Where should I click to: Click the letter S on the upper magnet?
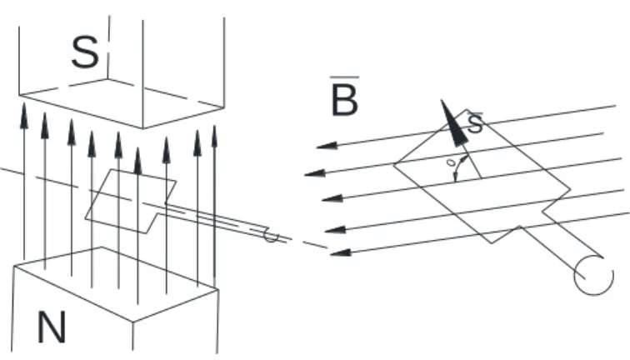pyautogui.click(x=85, y=52)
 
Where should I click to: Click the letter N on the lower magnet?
pyautogui.click(x=52, y=327)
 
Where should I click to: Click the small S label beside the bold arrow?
pyautogui.click(x=475, y=123)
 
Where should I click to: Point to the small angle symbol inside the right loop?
pyautogui.click(x=451, y=162)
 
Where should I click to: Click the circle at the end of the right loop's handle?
pyautogui.click(x=593, y=275)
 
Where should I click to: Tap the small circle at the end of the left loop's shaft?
pyautogui.click(x=270, y=236)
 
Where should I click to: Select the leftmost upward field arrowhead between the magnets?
pyautogui.click(x=24, y=116)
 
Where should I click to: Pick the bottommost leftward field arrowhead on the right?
pyautogui.click(x=340, y=252)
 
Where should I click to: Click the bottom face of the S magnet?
pyautogui.click(x=121, y=102)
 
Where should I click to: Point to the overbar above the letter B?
pyautogui.click(x=344, y=77)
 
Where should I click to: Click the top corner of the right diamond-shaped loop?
pyautogui.click(x=466, y=109)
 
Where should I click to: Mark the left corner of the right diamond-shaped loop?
pyautogui.click(x=393, y=163)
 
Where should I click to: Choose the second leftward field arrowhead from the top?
pyautogui.click(x=315, y=173)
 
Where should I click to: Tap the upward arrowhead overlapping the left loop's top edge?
pyautogui.click(x=137, y=161)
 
